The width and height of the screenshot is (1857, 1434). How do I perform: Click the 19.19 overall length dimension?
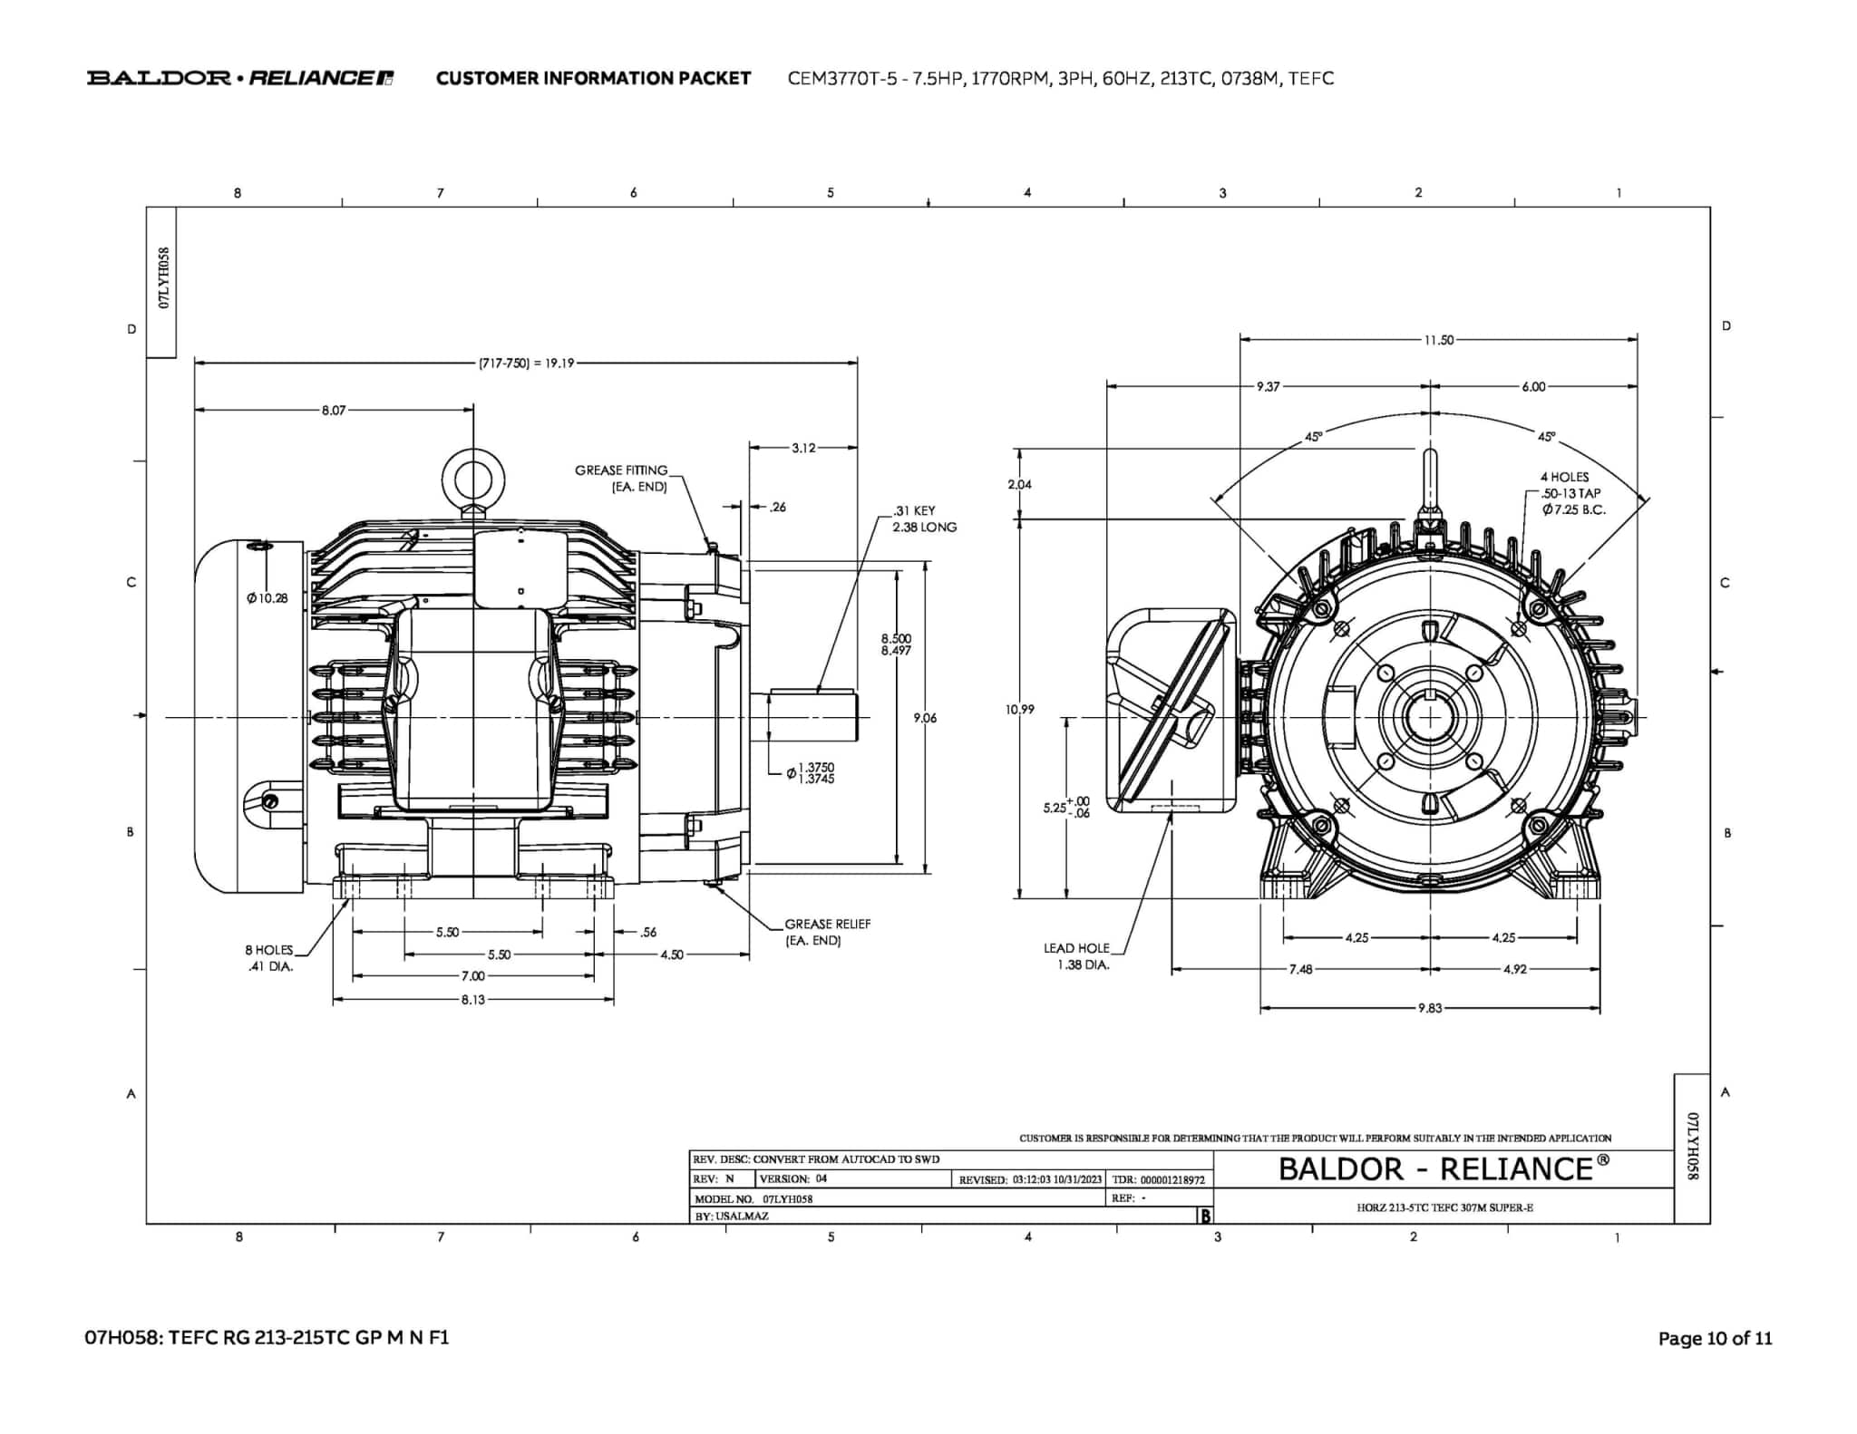(526, 363)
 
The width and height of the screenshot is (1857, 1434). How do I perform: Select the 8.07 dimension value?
(333, 411)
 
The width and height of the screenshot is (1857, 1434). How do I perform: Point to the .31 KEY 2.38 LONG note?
(923, 518)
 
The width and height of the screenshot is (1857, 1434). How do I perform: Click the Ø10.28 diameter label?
(267, 598)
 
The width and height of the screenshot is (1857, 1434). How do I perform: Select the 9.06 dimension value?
(925, 718)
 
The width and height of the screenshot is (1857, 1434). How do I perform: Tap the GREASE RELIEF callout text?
(826, 932)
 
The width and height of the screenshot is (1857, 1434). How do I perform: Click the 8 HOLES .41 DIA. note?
(269, 957)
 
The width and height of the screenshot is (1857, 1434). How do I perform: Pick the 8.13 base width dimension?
(472, 1000)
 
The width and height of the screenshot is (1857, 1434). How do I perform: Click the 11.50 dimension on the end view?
(1438, 340)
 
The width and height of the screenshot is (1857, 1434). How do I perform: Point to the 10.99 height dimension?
(1019, 709)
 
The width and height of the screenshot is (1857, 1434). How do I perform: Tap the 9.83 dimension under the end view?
(1429, 1008)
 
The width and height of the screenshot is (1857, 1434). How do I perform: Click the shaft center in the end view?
(1430, 717)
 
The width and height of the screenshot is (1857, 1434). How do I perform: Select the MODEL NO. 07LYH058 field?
(753, 1198)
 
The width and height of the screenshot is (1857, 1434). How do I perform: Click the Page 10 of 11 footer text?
(1714, 1338)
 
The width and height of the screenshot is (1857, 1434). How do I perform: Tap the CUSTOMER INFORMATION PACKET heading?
(593, 78)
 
